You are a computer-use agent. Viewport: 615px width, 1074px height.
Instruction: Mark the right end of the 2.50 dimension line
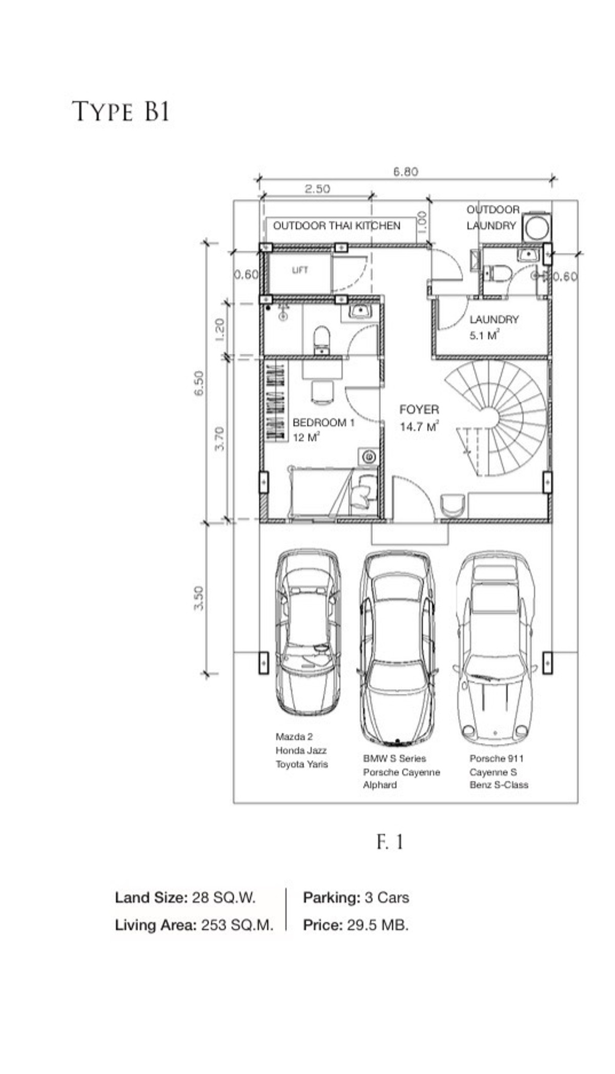coord(373,195)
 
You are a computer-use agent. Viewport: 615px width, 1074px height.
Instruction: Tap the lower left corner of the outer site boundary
coord(234,803)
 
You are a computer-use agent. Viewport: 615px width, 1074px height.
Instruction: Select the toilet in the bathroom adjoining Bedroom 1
coord(322,340)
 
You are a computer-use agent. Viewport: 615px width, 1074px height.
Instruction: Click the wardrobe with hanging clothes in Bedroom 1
coord(275,401)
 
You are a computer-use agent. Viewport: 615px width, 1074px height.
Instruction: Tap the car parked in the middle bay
coord(398,648)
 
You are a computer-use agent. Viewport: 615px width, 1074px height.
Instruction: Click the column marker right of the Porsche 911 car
coord(547,663)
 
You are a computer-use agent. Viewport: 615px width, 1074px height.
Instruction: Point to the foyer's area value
coord(419,426)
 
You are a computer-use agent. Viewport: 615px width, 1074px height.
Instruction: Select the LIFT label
coord(300,270)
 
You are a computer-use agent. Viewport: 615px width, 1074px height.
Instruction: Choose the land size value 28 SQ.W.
coord(223,897)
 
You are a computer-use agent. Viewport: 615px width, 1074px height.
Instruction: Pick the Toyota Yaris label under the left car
coord(302,764)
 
